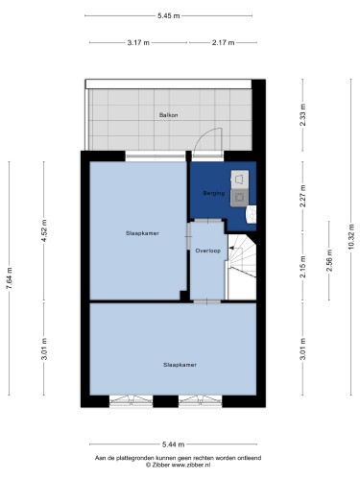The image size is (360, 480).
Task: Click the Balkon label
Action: pyautogui.click(x=168, y=115)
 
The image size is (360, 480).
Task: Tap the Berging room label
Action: pyautogui.click(x=214, y=193)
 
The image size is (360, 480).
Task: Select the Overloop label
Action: pyautogui.click(x=208, y=251)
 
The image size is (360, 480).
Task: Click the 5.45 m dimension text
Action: pyautogui.click(x=168, y=15)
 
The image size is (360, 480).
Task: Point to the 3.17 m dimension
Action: pyautogui.click(x=138, y=42)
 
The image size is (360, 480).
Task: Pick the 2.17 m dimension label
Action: pyautogui.click(x=223, y=42)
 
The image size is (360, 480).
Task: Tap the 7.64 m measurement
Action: pyautogui.click(x=9, y=277)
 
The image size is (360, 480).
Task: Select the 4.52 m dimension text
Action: pyautogui.click(x=44, y=230)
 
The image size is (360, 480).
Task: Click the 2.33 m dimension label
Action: pyautogui.click(x=302, y=115)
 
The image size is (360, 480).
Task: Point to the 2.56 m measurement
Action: pyautogui.click(x=329, y=260)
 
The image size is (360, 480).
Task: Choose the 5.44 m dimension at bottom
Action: pyautogui.click(x=173, y=444)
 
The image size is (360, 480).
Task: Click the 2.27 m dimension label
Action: pyautogui.click(x=302, y=196)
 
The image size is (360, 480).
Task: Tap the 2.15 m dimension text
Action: pyautogui.click(x=302, y=266)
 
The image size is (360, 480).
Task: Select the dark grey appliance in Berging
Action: pyautogui.click(x=240, y=198)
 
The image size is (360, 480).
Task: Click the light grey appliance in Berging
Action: pyautogui.click(x=240, y=180)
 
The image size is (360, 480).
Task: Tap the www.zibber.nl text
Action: pyautogui.click(x=191, y=465)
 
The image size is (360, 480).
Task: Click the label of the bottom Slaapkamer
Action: pyautogui.click(x=180, y=365)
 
